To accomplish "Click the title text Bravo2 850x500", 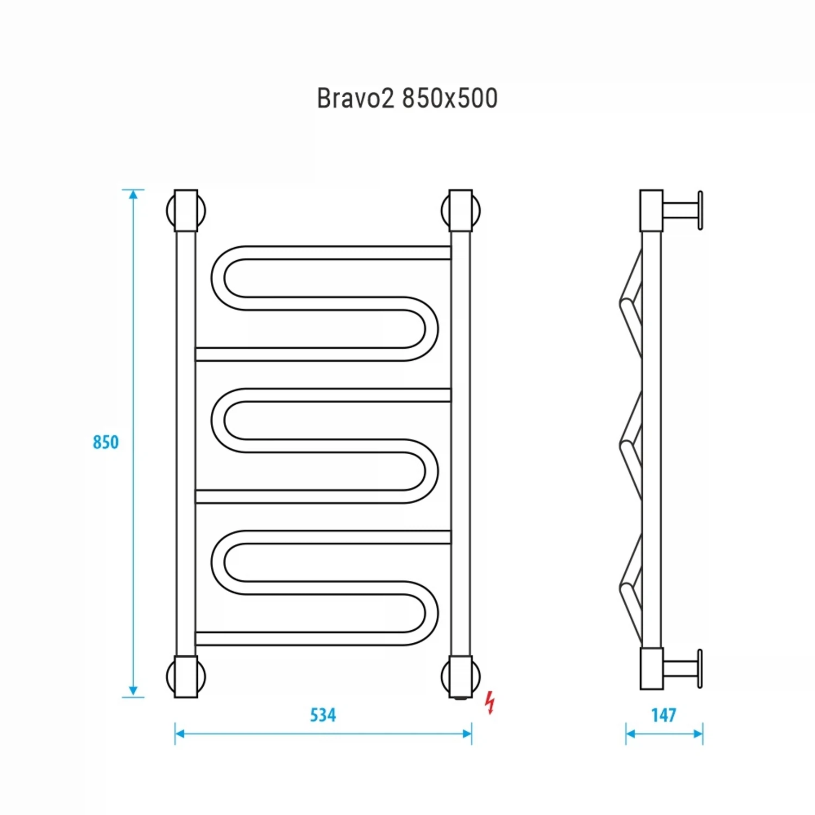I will coord(407,99).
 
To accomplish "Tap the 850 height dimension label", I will coord(105,442).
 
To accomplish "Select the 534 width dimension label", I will coord(323,715).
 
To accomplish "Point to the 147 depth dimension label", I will coord(663,715).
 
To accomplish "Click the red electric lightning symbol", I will coord(490,702).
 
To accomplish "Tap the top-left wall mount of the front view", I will coord(186,210).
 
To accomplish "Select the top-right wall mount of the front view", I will coord(461,210).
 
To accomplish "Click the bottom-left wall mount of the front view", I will coord(186,676).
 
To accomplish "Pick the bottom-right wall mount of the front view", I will coord(461,676).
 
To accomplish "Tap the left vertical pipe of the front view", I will coord(186,443).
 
